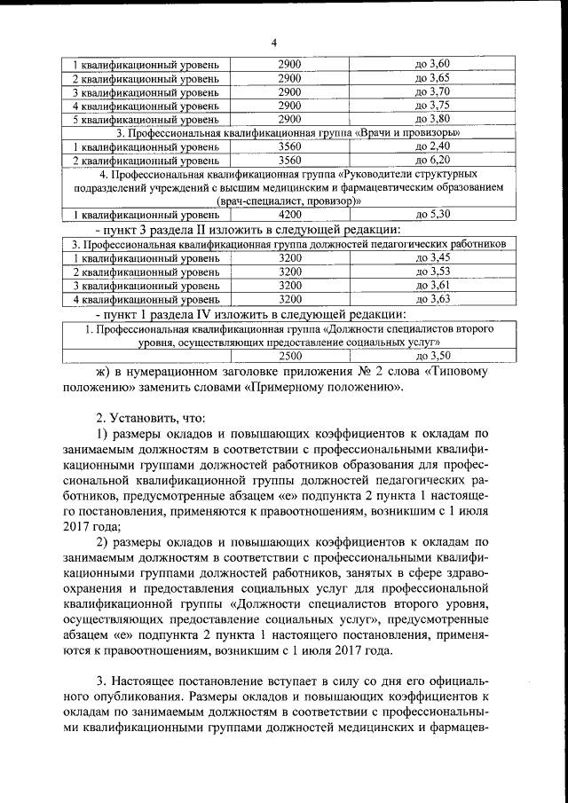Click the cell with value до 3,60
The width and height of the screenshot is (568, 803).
point(433,65)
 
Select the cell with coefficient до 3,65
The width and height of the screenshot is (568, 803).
point(433,78)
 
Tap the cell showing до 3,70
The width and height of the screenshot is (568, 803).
point(433,91)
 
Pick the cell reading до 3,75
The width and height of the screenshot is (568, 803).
point(433,105)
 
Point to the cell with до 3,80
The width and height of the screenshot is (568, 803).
point(433,118)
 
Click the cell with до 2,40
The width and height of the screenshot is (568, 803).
point(433,146)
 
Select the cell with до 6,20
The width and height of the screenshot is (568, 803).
point(433,160)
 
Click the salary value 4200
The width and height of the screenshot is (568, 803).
point(290,214)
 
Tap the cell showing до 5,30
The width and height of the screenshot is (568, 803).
point(433,214)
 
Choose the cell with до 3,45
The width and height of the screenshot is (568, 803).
point(433,257)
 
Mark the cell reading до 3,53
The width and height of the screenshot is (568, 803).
point(433,271)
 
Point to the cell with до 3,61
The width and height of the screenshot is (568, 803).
point(433,285)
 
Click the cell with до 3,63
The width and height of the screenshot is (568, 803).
point(433,299)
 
